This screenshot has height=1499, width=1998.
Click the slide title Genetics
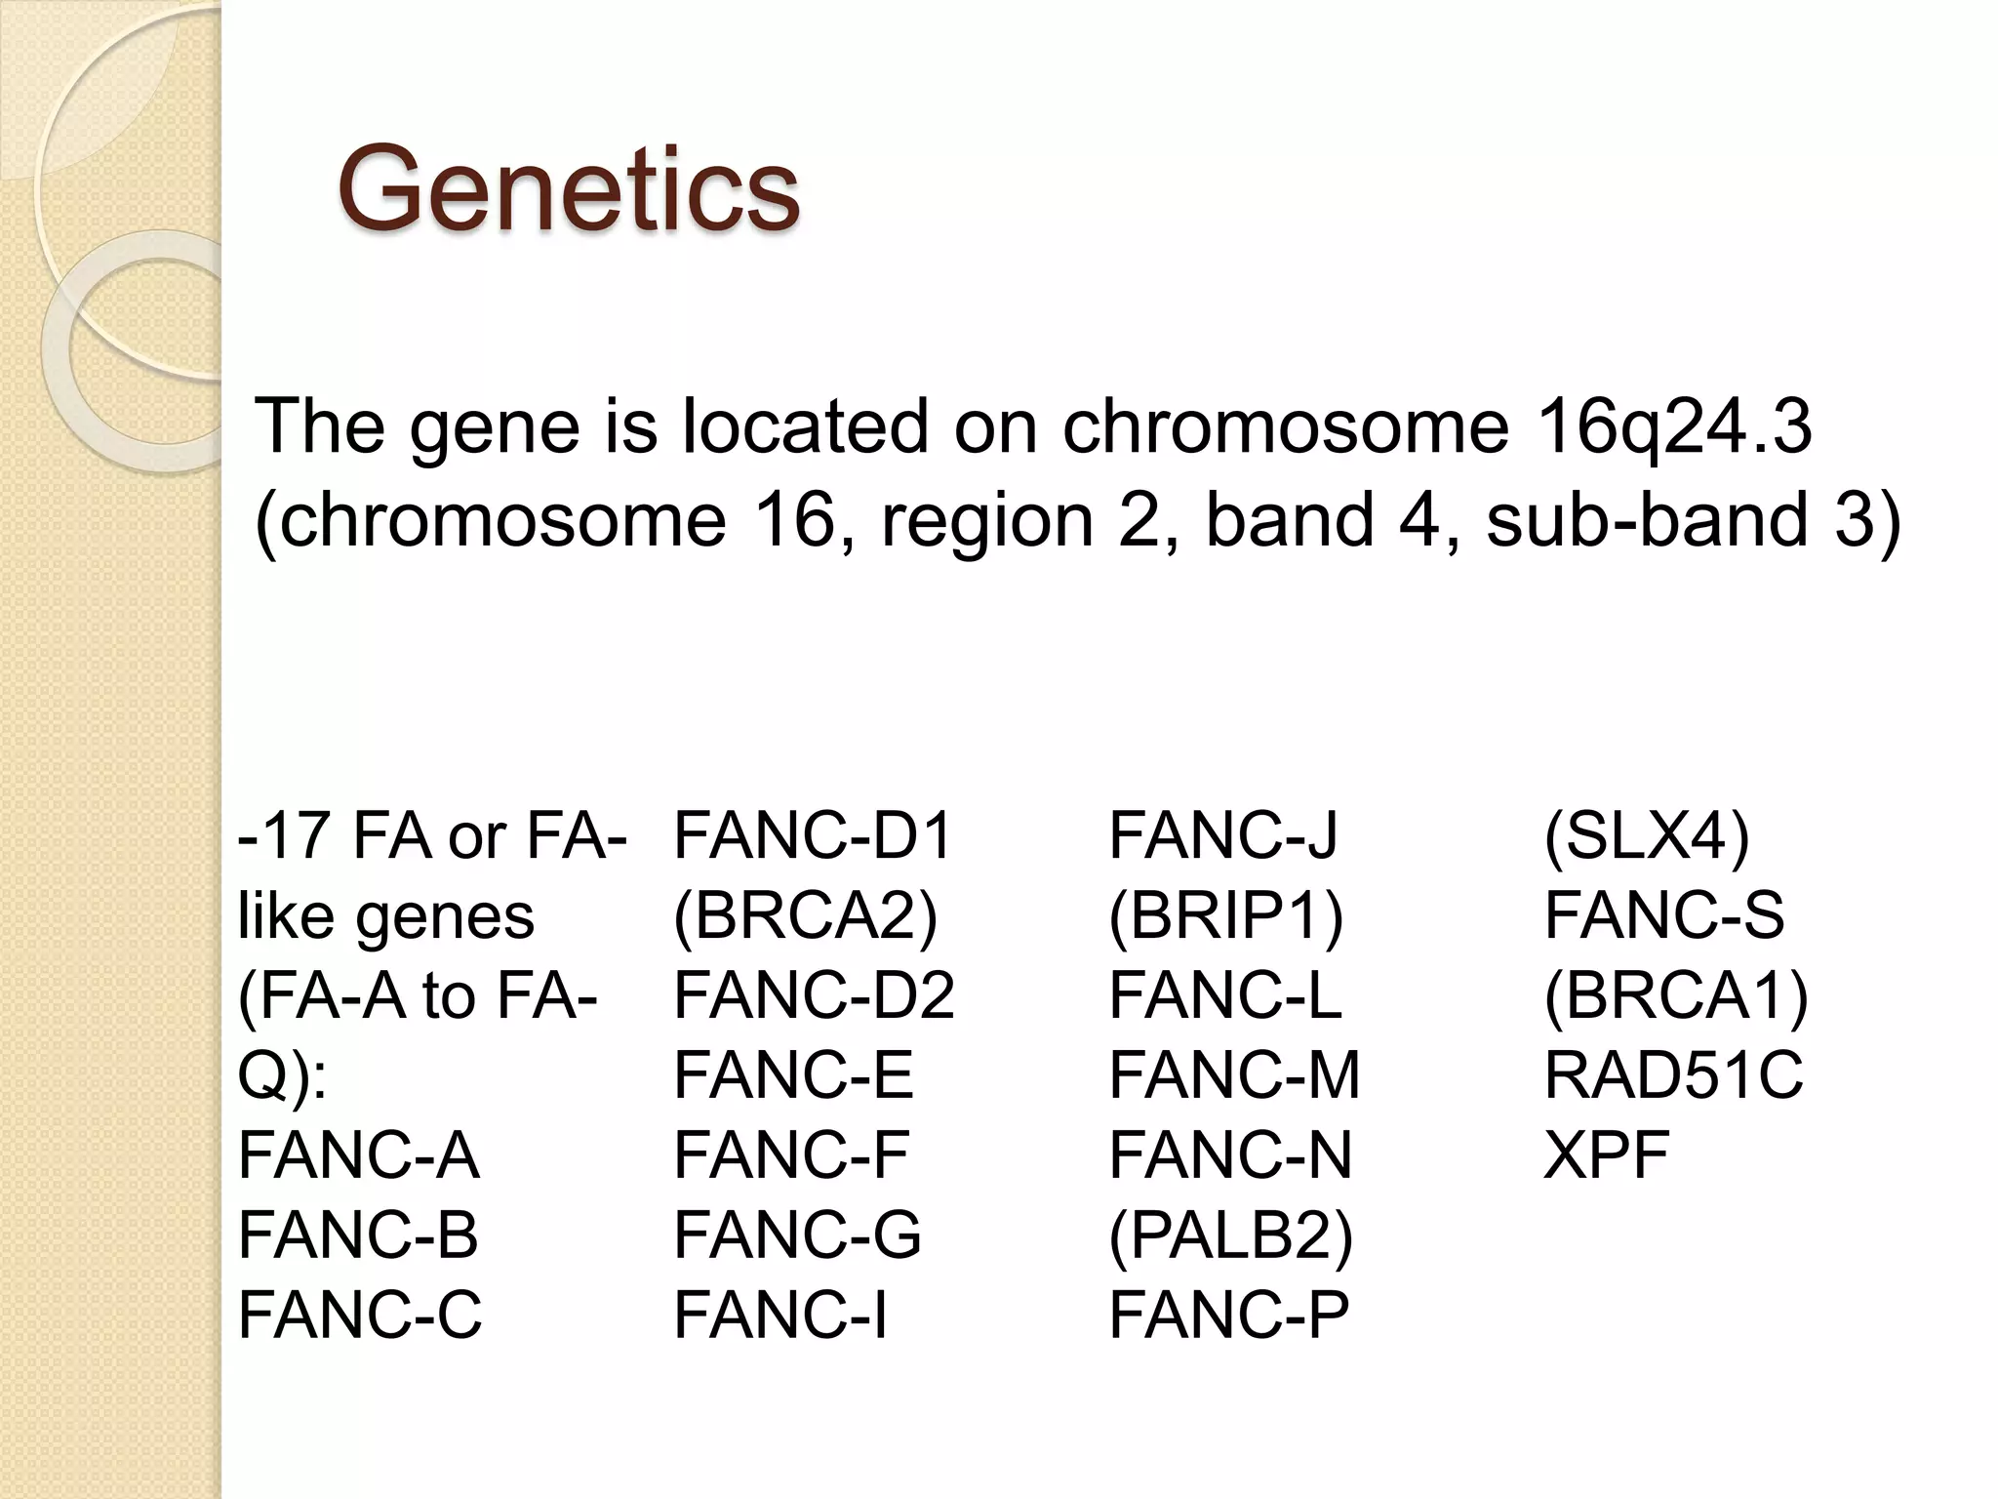[568, 188]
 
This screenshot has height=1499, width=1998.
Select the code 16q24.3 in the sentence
[1673, 426]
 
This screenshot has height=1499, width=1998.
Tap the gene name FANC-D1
[813, 836]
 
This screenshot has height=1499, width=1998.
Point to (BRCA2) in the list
[806, 916]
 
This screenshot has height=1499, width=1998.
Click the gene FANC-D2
[814, 995]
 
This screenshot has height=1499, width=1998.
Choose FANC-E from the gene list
[793, 1075]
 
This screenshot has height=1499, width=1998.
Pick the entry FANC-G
[797, 1235]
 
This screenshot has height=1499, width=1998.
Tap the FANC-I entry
[780, 1315]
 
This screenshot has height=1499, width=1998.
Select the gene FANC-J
[1222, 836]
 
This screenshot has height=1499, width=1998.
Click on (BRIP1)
[1226, 916]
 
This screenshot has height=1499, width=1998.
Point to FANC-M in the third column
[1234, 1075]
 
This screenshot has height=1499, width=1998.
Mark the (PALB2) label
[1231, 1235]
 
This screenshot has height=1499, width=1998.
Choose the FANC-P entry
[1228, 1315]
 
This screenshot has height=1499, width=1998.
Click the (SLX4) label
[1647, 836]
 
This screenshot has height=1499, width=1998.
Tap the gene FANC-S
[1663, 916]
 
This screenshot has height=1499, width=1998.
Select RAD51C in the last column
[1673, 1075]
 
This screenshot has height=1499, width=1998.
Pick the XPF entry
[1606, 1155]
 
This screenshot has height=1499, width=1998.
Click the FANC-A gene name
[358, 1155]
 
